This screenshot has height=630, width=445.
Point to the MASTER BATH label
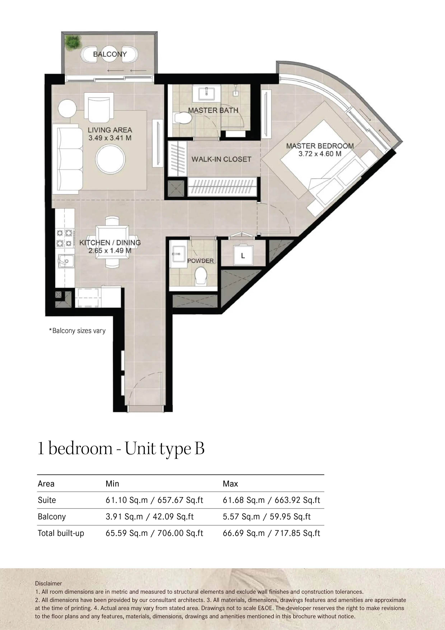(x=213, y=110)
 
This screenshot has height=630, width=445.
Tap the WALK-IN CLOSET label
(x=221, y=159)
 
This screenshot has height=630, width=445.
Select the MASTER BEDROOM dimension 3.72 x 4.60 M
(x=320, y=154)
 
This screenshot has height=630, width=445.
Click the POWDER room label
(x=200, y=261)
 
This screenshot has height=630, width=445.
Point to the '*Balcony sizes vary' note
(x=77, y=331)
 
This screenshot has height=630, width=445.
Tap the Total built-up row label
(x=61, y=533)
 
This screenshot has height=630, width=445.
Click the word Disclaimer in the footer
(x=48, y=583)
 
